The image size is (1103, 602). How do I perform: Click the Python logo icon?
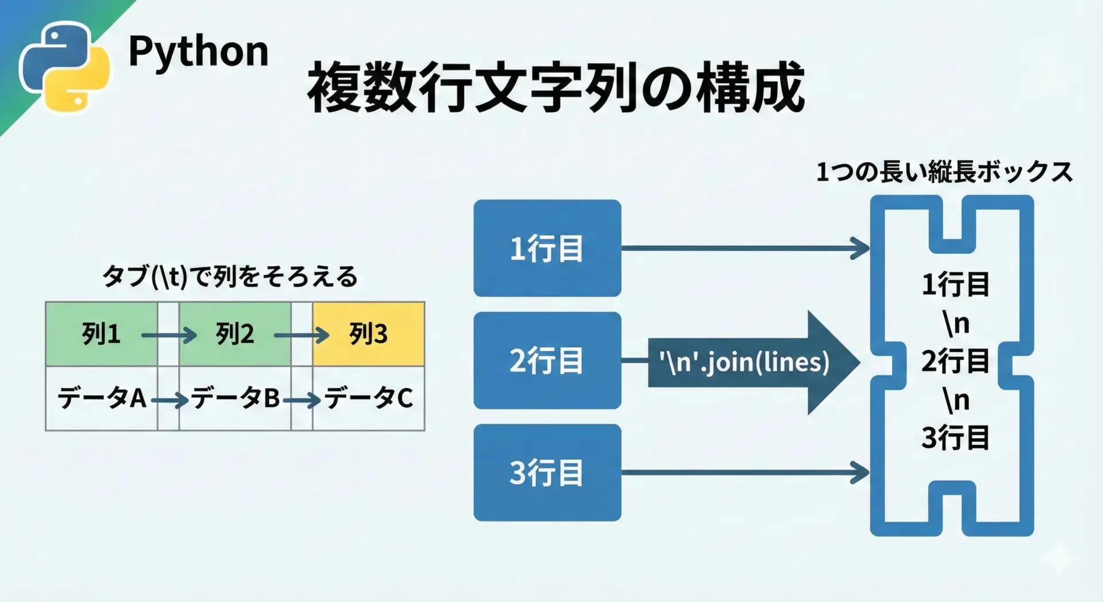pos(64,67)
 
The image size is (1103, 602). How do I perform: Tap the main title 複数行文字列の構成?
pos(556,87)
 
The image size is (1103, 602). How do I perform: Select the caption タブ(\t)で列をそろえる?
pos(230,277)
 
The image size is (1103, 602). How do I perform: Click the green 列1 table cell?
pos(102,334)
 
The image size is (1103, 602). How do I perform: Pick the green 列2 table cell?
pos(235,334)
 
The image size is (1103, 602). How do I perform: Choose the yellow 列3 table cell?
pos(368,334)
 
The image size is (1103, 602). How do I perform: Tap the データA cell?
pos(102,398)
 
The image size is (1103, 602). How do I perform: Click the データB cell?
pos(235,398)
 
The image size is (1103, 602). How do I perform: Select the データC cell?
pos(368,398)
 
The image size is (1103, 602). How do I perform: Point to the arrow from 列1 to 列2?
pos(169,335)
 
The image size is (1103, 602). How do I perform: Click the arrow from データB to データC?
pos(302,400)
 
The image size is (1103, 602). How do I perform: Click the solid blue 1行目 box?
pos(547,248)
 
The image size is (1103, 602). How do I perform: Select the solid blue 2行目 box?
pos(547,361)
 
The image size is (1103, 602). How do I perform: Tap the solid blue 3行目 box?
pos(547,473)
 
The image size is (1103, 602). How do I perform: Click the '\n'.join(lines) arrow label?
pos(745,362)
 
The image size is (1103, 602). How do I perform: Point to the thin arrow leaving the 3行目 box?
pos(745,473)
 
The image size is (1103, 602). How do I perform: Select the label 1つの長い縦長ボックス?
pos(944,172)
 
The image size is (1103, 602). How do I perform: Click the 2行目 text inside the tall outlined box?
pos(955,361)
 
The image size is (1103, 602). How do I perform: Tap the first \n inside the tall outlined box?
pos(956,323)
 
